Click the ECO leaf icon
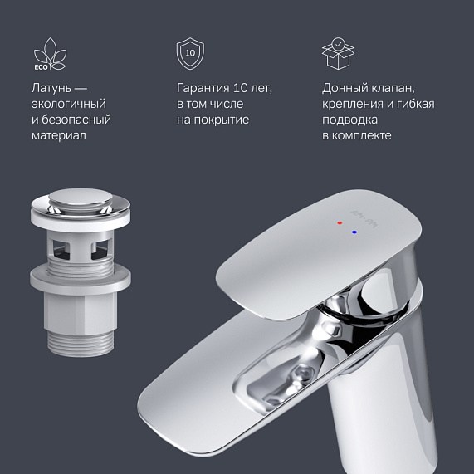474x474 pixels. tap(49, 54)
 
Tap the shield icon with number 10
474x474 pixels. tap(190, 53)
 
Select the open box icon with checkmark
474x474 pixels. tap(336, 52)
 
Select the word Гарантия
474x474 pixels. tap(205, 88)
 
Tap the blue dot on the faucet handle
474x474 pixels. tap(355, 232)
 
